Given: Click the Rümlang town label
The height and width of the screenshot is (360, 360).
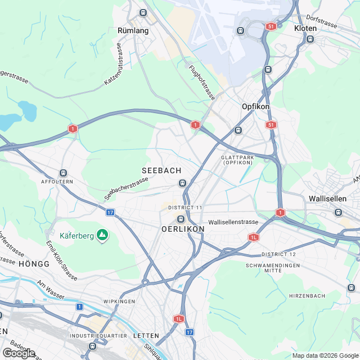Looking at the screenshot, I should pos(133,30).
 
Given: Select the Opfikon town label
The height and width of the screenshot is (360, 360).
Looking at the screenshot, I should pos(255,106).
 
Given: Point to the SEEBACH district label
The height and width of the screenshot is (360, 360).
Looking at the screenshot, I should pos(161,170).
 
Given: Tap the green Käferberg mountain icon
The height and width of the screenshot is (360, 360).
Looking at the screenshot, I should pos(102,234).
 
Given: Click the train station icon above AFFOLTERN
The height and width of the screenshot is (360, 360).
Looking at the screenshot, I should pos(62,173).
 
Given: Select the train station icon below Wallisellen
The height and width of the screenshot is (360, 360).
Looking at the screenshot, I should pos(337,212).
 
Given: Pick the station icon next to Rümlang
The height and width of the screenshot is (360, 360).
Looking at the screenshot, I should pos(143,12).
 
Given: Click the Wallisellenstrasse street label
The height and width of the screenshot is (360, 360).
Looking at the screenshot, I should pos(233,222).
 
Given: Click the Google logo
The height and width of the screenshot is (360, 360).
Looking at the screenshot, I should pos(18,353).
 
